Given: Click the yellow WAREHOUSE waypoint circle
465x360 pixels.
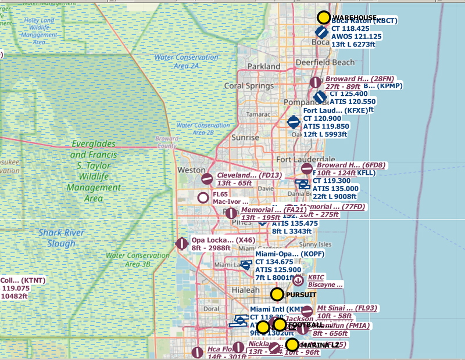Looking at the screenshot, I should (x=324, y=18).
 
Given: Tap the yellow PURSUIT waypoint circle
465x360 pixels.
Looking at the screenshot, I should (x=277, y=294).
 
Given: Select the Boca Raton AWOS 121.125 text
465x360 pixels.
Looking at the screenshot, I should (x=356, y=36).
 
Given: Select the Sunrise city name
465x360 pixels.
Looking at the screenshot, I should (x=245, y=138).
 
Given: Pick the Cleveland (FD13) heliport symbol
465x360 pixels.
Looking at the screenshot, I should (x=207, y=179).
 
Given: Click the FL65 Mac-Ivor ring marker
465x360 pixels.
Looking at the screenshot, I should (x=203, y=197).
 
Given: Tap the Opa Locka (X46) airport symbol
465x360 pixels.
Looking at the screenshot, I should (x=181, y=243).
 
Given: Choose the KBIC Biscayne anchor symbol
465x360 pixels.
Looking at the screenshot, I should (x=298, y=280).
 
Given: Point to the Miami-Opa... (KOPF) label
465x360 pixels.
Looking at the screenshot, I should (x=284, y=254).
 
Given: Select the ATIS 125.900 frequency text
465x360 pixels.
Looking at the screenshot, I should (x=278, y=270).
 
